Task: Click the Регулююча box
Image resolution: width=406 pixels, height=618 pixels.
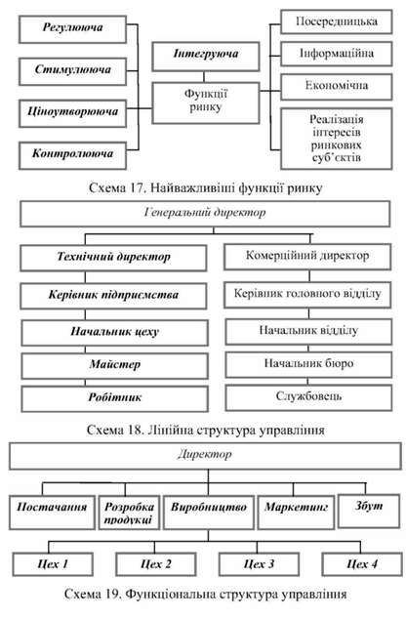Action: coord(72,29)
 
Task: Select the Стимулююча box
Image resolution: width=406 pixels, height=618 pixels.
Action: coord(72,71)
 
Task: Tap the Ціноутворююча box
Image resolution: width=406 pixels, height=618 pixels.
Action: coord(72,113)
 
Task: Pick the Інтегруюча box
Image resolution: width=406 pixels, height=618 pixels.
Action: coord(206,57)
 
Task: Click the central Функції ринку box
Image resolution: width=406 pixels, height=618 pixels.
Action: coord(206,103)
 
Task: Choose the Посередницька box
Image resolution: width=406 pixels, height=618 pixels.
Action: coord(337,22)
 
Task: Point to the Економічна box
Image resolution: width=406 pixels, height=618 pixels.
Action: coord(337,87)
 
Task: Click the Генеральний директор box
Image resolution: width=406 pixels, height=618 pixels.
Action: coord(205,214)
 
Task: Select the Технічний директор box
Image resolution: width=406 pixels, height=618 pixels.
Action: coord(113,258)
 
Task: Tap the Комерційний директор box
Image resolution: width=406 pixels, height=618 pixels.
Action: coord(307,257)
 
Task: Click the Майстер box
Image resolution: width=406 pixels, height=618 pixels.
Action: coord(115,366)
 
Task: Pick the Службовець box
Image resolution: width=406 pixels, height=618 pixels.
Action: coord(308,397)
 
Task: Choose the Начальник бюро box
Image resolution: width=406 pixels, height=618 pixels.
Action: coord(308,364)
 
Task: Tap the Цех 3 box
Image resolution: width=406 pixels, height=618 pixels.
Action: coord(259,564)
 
